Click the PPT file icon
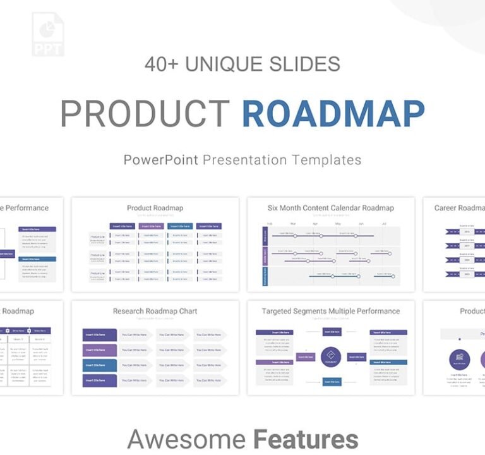(x=48, y=34)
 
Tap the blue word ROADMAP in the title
(x=333, y=114)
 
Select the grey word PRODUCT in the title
(x=145, y=114)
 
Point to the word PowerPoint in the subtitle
(x=161, y=159)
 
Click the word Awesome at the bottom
(x=187, y=439)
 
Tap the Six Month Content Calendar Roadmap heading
(x=330, y=208)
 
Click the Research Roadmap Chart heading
(x=155, y=311)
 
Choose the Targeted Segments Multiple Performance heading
(x=330, y=311)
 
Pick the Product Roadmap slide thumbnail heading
(x=155, y=208)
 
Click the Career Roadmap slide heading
(x=460, y=208)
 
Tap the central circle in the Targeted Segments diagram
(x=331, y=357)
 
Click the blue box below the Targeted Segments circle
(x=332, y=382)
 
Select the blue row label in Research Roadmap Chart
(x=100, y=365)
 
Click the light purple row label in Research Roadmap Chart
(x=100, y=350)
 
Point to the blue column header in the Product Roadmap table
(x=180, y=226)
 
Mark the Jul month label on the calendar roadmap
(x=384, y=224)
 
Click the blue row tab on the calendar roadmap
(x=265, y=276)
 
